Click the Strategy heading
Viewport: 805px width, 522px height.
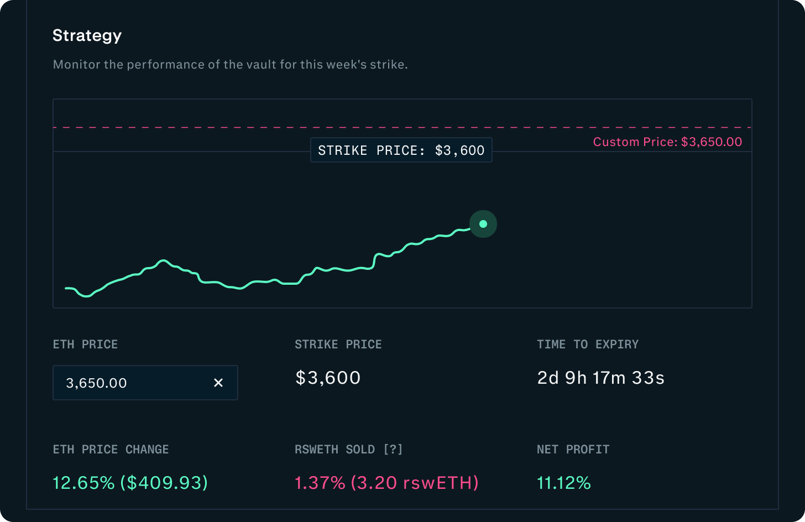(87, 36)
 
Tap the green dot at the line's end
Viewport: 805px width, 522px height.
(483, 224)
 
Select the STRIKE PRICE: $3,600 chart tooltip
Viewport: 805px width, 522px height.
(401, 150)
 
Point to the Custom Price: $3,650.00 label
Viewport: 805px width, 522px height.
(667, 142)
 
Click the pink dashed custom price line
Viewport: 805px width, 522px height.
(332, 127)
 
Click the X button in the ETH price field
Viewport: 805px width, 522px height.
(218, 383)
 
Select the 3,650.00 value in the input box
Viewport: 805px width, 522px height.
(96, 383)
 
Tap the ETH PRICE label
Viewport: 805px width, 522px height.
(85, 344)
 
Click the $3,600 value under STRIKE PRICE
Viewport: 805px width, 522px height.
(328, 378)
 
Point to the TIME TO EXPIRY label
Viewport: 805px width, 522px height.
(588, 344)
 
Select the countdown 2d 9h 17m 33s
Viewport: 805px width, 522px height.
(600, 378)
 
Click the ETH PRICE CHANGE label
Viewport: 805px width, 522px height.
(111, 450)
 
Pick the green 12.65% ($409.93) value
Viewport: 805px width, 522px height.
(130, 483)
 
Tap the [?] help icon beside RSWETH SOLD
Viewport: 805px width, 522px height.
(393, 450)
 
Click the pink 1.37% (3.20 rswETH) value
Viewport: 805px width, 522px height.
(386, 483)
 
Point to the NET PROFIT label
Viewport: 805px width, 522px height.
(573, 450)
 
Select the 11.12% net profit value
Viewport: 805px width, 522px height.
(563, 483)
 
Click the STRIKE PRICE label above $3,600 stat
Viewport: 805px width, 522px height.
(338, 344)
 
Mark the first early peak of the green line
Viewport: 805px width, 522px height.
(163, 260)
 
